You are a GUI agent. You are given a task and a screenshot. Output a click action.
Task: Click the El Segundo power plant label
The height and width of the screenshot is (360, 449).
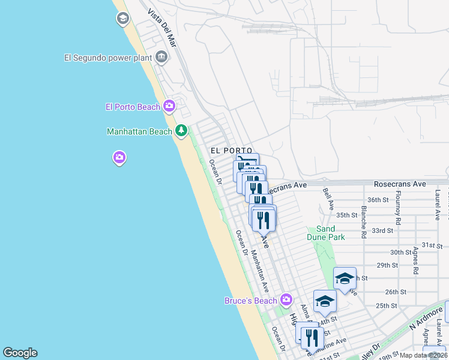107,58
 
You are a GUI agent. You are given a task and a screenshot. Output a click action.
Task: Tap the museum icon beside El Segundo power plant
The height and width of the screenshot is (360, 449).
161,58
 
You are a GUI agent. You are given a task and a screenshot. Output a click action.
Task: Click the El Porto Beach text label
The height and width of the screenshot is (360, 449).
133,107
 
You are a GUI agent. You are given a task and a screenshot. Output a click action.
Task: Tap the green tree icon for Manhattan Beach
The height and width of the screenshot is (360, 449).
181,131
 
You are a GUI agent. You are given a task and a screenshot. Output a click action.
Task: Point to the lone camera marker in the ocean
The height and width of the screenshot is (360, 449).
119,158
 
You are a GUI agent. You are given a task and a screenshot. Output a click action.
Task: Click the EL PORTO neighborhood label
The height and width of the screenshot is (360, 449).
231,150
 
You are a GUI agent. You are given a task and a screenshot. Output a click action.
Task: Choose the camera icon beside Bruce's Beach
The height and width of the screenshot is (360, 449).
286,299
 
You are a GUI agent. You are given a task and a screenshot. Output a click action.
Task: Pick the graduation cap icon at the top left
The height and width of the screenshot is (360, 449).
123,19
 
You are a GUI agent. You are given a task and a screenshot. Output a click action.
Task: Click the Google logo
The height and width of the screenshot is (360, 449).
20,353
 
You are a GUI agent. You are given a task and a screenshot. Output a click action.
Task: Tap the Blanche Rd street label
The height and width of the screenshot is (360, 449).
364,222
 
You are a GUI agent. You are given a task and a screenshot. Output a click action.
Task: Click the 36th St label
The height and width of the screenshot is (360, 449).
379,200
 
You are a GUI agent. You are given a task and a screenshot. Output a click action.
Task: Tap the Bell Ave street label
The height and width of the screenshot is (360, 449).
328,199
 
